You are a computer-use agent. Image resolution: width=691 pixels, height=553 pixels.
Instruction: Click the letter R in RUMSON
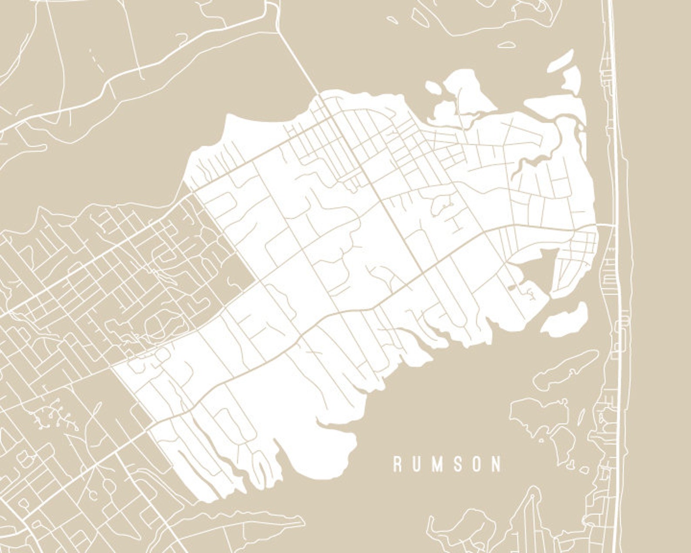[397, 465]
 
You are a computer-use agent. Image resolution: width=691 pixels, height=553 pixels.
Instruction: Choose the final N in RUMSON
[496, 465]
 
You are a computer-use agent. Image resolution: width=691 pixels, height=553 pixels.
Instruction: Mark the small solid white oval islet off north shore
[433, 88]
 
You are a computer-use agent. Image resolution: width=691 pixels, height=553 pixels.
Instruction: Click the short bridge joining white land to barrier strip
[605, 225]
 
